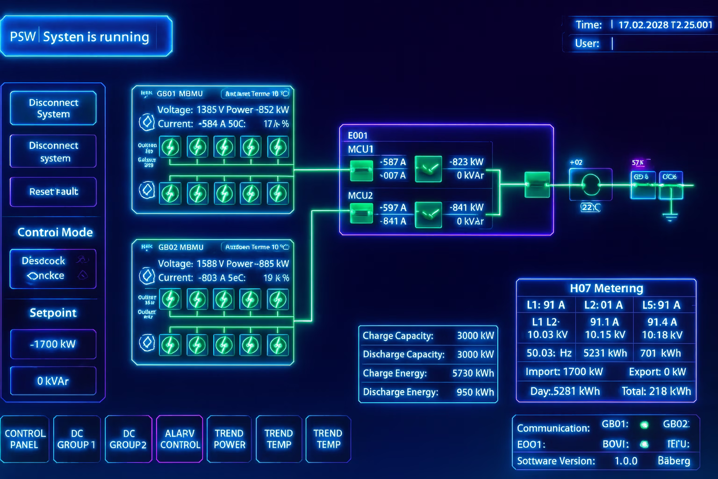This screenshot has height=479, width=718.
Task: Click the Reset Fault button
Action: pos(53,192)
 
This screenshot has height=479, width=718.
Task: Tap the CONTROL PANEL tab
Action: pos(25,439)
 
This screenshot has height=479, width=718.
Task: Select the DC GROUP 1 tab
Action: pos(76,439)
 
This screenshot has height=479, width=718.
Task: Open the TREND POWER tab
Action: pos(229,439)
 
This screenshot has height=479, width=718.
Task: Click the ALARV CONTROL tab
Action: pos(180,439)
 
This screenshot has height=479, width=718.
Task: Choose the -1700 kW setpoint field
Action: pos(53,344)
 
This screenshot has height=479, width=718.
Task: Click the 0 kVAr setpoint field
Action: pos(53,381)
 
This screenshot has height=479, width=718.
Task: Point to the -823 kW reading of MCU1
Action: pos(466,162)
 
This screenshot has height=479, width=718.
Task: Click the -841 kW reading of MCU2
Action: pos(466,207)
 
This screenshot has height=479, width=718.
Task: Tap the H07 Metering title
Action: pos(606,288)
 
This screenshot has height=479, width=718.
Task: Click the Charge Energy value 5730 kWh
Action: pos(473,373)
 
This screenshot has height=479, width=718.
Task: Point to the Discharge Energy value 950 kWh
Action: pos(475,392)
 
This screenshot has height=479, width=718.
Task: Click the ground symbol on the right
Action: pos(670,217)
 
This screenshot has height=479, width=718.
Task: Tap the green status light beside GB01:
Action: pos(644,425)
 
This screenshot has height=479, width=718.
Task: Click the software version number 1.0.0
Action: pos(625,461)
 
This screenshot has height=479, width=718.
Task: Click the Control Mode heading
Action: pos(55,232)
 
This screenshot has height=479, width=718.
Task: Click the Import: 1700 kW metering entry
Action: pos(564,372)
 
